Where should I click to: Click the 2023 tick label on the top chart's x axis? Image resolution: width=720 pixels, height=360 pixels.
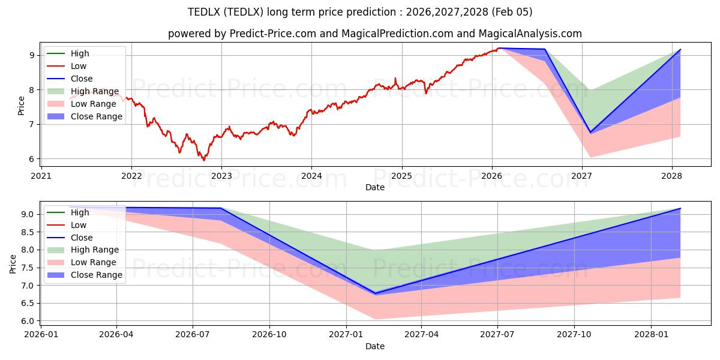click(221, 176)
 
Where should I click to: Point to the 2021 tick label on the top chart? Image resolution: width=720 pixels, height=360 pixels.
click(41, 176)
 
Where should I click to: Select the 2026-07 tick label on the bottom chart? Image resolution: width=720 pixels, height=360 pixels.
click(193, 335)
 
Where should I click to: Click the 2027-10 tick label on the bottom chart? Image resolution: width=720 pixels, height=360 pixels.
click(575, 335)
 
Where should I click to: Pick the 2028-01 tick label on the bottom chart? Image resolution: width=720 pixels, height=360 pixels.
click(651, 335)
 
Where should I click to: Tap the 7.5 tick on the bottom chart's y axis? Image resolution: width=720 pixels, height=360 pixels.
click(29, 268)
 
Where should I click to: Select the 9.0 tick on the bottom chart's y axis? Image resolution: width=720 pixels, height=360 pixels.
click(29, 214)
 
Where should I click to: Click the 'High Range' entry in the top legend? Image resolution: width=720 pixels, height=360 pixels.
click(96, 91)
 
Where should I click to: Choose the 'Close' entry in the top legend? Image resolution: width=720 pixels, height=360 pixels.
click(82, 79)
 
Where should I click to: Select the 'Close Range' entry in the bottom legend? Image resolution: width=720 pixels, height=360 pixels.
click(97, 275)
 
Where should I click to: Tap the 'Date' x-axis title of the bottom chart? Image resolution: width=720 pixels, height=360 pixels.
click(375, 346)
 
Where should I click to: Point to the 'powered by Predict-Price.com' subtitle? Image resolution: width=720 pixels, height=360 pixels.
click(375, 34)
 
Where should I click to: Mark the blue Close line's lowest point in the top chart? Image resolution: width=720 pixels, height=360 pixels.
click(590, 132)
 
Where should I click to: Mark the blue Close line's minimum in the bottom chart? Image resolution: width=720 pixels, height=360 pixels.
click(375, 293)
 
